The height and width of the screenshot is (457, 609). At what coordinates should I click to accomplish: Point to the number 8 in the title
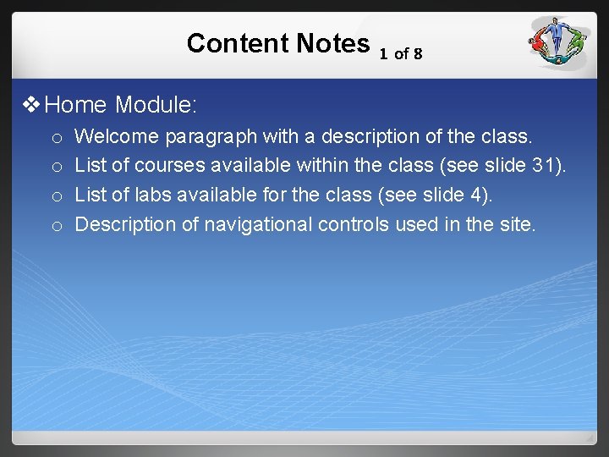(418, 54)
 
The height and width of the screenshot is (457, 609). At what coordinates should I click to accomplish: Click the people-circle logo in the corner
(559, 43)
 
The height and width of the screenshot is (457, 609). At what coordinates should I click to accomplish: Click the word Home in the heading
(76, 106)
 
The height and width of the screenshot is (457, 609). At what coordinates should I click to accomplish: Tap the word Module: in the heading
(156, 106)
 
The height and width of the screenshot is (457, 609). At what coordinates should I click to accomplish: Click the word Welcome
(117, 135)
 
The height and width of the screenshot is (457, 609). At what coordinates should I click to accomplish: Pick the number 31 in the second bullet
(546, 165)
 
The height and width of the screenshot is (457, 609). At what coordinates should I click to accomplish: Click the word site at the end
(518, 224)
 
